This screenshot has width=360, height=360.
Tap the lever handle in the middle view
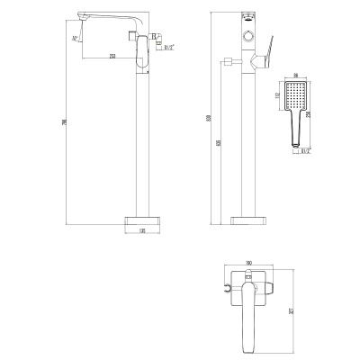tap(266, 58)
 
